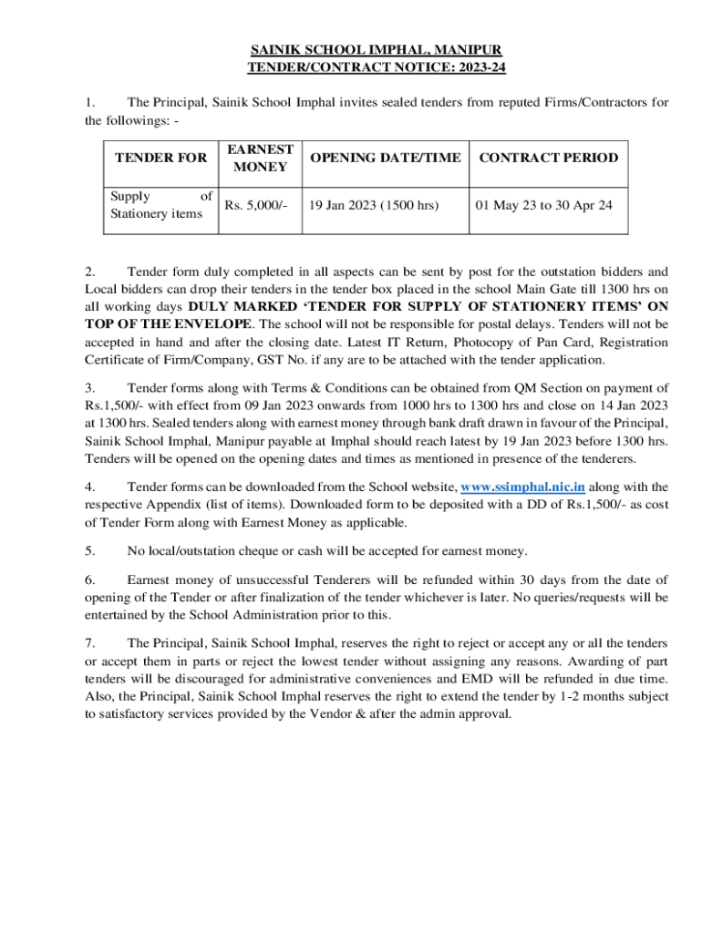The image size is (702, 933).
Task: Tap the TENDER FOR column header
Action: [160, 158]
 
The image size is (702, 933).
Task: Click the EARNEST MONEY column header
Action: [260, 158]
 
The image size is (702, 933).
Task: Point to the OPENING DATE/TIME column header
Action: [385, 158]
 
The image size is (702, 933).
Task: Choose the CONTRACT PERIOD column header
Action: [548, 158]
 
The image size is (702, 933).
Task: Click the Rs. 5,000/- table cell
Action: [255, 205]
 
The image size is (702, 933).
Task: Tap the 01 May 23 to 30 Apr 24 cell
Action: [543, 205]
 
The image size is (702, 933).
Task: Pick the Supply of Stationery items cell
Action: [160, 205]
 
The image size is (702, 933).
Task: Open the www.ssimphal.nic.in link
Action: [522, 487]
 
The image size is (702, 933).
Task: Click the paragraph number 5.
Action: [89, 550]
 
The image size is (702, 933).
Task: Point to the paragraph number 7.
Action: [89, 643]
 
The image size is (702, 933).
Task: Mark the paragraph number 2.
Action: [89, 272]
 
